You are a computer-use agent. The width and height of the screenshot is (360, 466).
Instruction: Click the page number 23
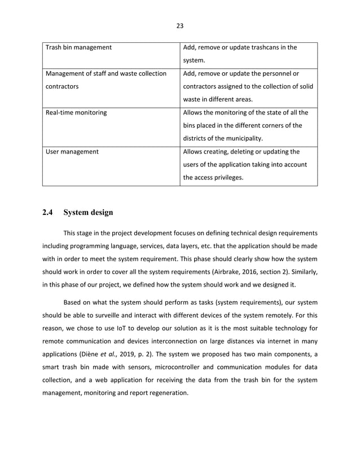click(x=180, y=25)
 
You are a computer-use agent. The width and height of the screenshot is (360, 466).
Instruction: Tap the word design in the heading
click(x=100, y=213)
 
